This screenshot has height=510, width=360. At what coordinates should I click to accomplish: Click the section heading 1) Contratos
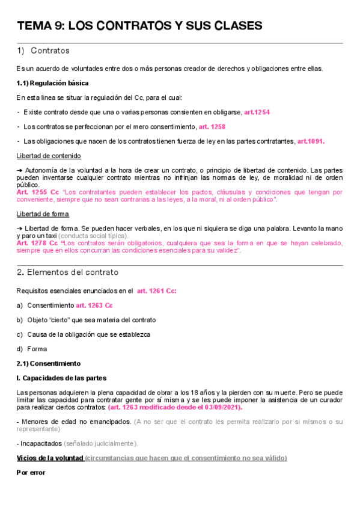[x=44, y=51]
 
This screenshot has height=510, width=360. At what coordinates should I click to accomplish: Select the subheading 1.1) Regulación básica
[x=53, y=83]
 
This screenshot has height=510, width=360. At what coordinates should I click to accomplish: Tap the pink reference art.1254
[x=257, y=112]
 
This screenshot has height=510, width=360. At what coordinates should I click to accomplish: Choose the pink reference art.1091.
[x=311, y=141]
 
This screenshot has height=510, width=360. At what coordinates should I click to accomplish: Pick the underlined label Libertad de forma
[x=43, y=214]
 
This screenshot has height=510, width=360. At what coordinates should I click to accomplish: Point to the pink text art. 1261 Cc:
[x=157, y=291]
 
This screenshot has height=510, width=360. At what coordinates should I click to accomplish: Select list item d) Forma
[x=32, y=349]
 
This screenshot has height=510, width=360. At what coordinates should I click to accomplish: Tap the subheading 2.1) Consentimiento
[x=48, y=363]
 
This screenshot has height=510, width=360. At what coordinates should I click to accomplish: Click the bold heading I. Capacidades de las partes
[x=61, y=378]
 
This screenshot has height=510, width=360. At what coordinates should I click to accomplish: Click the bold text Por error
[x=31, y=473]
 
